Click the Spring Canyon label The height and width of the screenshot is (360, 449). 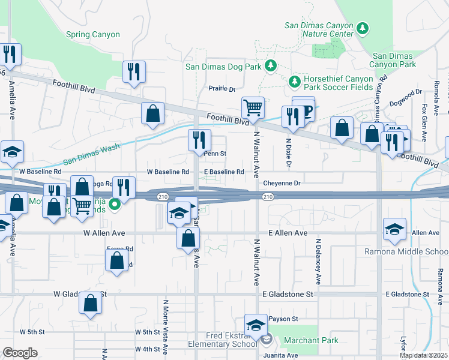(x=93, y=35)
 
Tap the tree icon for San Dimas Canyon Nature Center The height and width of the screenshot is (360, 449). (x=362, y=28)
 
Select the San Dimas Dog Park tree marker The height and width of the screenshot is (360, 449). (x=270, y=65)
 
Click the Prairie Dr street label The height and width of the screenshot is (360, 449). (x=222, y=89)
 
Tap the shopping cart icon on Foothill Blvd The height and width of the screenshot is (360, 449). (x=253, y=108)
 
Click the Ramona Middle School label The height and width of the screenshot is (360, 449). (x=406, y=251)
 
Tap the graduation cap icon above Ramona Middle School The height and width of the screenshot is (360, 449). (x=394, y=229)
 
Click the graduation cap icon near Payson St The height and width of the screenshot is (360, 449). (x=256, y=325)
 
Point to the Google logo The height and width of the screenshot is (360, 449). (x=20, y=353)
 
